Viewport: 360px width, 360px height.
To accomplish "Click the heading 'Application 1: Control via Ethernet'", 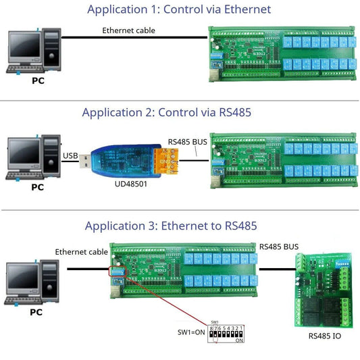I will (179, 9).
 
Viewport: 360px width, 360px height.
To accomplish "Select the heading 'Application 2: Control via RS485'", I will (167, 112).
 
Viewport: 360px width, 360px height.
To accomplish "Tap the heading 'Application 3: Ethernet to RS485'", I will (170, 226).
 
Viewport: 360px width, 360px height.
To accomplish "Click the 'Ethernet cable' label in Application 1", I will (128, 30).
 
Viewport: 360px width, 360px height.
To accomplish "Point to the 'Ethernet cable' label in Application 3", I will (82, 252).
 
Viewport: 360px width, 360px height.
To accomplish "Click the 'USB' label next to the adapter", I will (70, 157).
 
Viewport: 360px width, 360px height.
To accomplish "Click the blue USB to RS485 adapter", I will (118, 159).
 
